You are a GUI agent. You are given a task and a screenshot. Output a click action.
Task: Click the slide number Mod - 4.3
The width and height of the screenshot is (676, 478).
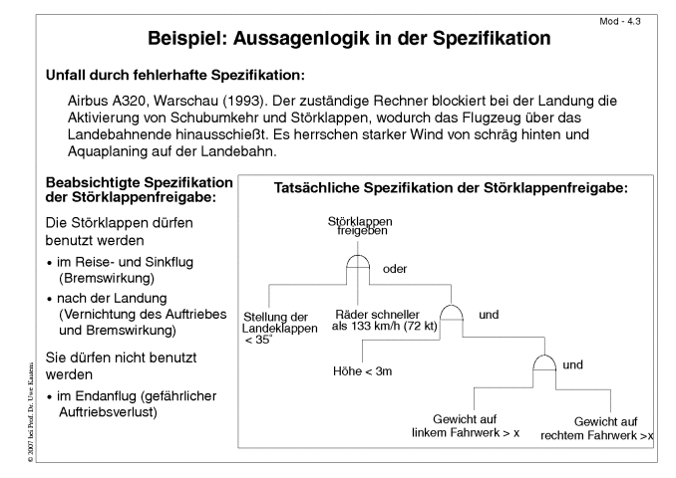click(x=620, y=22)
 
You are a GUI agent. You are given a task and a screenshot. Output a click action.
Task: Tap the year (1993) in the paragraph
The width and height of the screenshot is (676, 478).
click(x=245, y=101)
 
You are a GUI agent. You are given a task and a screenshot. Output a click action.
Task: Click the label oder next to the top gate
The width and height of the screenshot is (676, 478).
click(x=395, y=269)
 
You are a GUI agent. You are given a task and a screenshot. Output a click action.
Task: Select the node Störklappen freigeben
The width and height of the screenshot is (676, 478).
click(x=360, y=226)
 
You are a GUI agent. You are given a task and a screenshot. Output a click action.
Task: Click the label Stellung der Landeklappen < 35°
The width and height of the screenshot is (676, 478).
click(x=279, y=329)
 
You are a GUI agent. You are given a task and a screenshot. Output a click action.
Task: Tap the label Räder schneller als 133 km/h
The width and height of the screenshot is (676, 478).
click(x=385, y=321)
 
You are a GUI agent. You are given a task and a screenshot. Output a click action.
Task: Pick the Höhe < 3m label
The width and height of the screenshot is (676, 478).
click(x=363, y=371)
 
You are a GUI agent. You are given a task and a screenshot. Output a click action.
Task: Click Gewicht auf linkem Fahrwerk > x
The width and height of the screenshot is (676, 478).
click(x=466, y=426)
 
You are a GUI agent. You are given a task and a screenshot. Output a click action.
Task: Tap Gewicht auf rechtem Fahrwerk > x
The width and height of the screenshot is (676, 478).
click(x=597, y=428)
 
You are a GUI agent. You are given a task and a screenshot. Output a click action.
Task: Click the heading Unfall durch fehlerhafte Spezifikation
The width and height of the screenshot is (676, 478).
click(x=175, y=75)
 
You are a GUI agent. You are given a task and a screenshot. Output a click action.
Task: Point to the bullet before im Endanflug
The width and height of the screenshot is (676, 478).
click(x=50, y=397)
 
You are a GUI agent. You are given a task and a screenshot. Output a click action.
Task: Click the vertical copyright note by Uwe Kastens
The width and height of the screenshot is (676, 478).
click(x=30, y=412)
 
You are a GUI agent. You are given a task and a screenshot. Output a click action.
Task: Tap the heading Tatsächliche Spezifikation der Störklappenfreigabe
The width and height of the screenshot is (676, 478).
click(x=451, y=188)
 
